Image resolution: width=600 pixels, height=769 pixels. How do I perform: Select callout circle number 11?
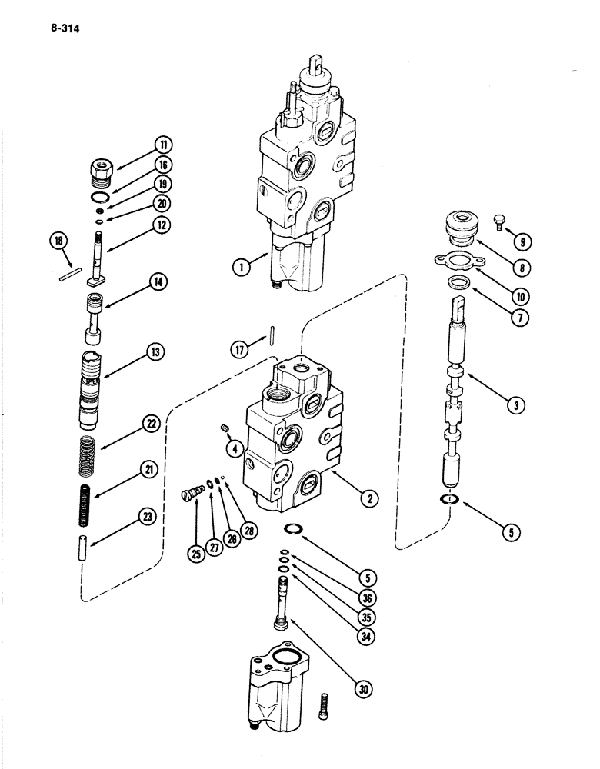point(163,145)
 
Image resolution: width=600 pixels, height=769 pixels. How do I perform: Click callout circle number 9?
point(523,242)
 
